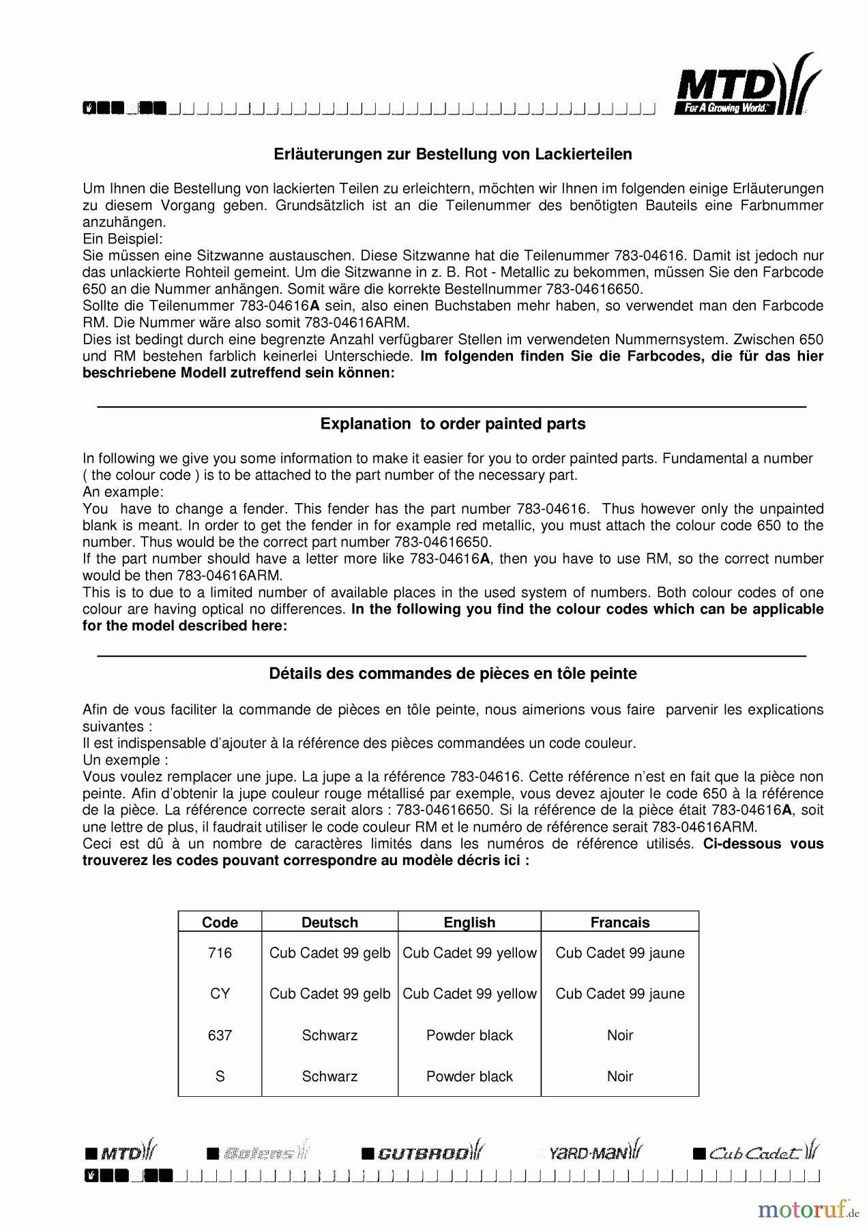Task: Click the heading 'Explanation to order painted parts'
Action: (453, 424)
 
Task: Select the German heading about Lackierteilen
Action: (453, 155)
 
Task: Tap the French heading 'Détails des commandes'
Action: (453, 673)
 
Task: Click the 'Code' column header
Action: (220, 922)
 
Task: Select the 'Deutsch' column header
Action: (329, 922)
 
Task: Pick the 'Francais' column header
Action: (619, 922)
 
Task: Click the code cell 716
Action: (220, 953)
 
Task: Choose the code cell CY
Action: (220, 994)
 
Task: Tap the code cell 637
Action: (220, 1035)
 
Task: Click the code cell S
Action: (220, 1076)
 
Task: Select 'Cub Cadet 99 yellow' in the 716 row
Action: (469, 953)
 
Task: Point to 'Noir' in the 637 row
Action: (619, 1035)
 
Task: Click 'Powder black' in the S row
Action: (469, 1076)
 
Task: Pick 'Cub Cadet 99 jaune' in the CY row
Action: (619, 994)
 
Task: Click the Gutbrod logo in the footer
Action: (423, 1152)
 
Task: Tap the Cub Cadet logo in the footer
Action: (756, 1152)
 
